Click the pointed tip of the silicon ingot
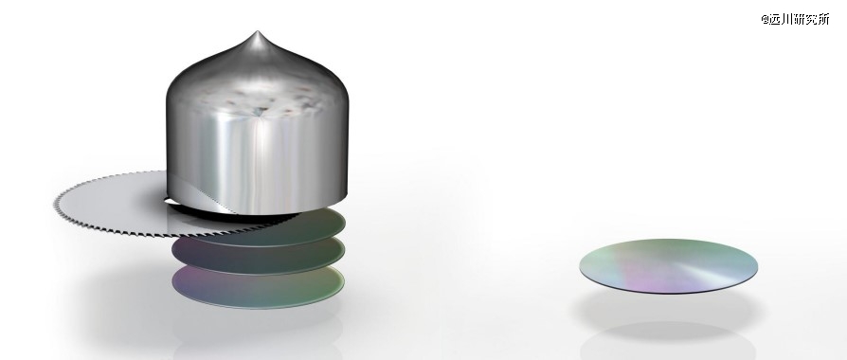(x=258, y=32)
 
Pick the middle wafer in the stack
(x=259, y=256)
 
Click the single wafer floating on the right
(x=668, y=266)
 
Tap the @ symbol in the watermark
(x=766, y=20)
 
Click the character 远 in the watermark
(x=776, y=20)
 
